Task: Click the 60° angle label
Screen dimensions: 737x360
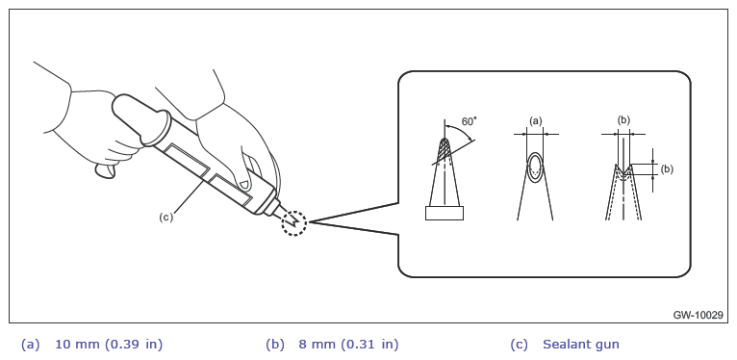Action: (470, 121)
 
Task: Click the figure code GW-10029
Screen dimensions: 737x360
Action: (698, 315)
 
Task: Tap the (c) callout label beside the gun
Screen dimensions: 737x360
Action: (165, 218)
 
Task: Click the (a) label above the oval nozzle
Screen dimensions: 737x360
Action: (535, 121)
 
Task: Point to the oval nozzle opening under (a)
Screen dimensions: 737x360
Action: (535, 167)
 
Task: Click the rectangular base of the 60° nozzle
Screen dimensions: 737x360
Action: (445, 213)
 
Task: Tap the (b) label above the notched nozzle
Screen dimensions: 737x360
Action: (623, 120)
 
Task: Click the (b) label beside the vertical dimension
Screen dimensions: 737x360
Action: (667, 169)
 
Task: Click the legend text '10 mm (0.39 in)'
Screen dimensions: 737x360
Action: (109, 345)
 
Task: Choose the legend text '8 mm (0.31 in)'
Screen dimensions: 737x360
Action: (348, 345)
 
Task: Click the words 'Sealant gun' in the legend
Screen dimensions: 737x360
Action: (581, 345)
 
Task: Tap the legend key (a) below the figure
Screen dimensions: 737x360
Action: (30, 345)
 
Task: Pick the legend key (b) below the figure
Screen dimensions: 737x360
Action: (274, 345)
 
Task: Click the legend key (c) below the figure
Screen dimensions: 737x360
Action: (519, 345)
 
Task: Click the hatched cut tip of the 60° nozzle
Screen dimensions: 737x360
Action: (445, 150)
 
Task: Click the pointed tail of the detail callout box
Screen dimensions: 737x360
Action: (310, 221)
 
